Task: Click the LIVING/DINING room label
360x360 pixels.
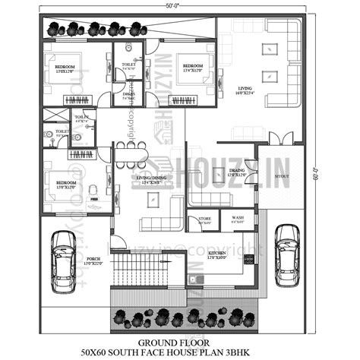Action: (x=148, y=179)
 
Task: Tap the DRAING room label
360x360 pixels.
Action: (x=237, y=171)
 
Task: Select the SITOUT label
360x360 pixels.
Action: (x=281, y=175)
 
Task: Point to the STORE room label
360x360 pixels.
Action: (x=205, y=219)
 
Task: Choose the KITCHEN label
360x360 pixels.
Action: (x=217, y=253)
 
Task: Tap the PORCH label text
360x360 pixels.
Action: (x=94, y=258)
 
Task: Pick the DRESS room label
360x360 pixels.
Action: (x=129, y=93)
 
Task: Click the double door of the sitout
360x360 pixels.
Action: (x=282, y=138)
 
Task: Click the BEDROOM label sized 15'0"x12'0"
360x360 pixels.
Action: (x=65, y=68)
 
